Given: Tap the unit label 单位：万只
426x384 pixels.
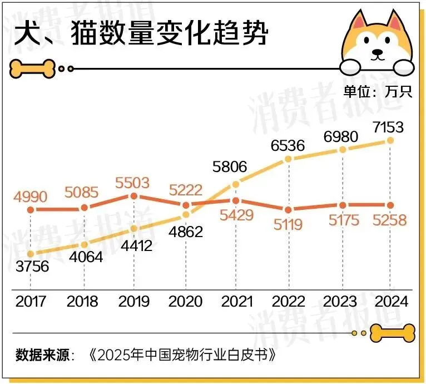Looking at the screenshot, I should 378,92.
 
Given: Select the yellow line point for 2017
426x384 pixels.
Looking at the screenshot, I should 31,254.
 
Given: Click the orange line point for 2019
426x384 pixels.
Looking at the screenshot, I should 133,196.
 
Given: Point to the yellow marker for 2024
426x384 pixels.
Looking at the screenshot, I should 390,140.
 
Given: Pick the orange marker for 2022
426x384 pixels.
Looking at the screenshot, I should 288,209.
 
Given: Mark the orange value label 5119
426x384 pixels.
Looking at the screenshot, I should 287,224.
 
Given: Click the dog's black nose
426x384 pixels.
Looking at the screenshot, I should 378,55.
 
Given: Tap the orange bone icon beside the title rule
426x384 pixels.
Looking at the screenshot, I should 32,68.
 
